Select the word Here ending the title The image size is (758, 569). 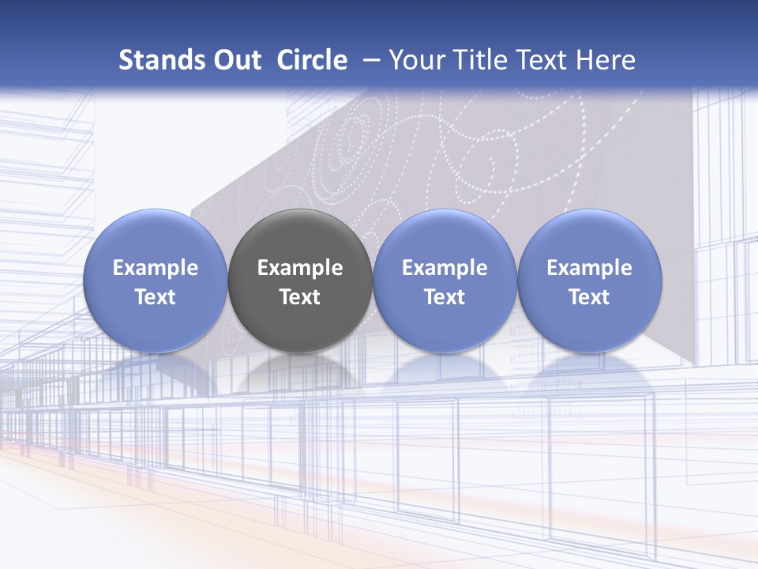pyautogui.click(x=606, y=60)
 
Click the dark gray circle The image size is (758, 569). pyautogui.click(x=300, y=237)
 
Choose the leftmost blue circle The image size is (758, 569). pyautogui.click(x=155, y=237)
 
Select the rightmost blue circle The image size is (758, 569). pyautogui.click(x=590, y=237)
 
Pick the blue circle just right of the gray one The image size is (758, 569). pyautogui.click(x=445, y=237)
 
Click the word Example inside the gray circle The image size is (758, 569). pyautogui.click(x=300, y=268)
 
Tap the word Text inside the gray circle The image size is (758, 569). pyautogui.click(x=300, y=297)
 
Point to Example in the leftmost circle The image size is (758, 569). pyautogui.click(x=155, y=268)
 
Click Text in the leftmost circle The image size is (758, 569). pyautogui.click(x=155, y=297)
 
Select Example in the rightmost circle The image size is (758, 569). pyautogui.click(x=590, y=268)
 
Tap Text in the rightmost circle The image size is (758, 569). pyautogui.click(x=590, y=297)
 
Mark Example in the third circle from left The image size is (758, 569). pyautogui.click(x=445, y=268)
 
